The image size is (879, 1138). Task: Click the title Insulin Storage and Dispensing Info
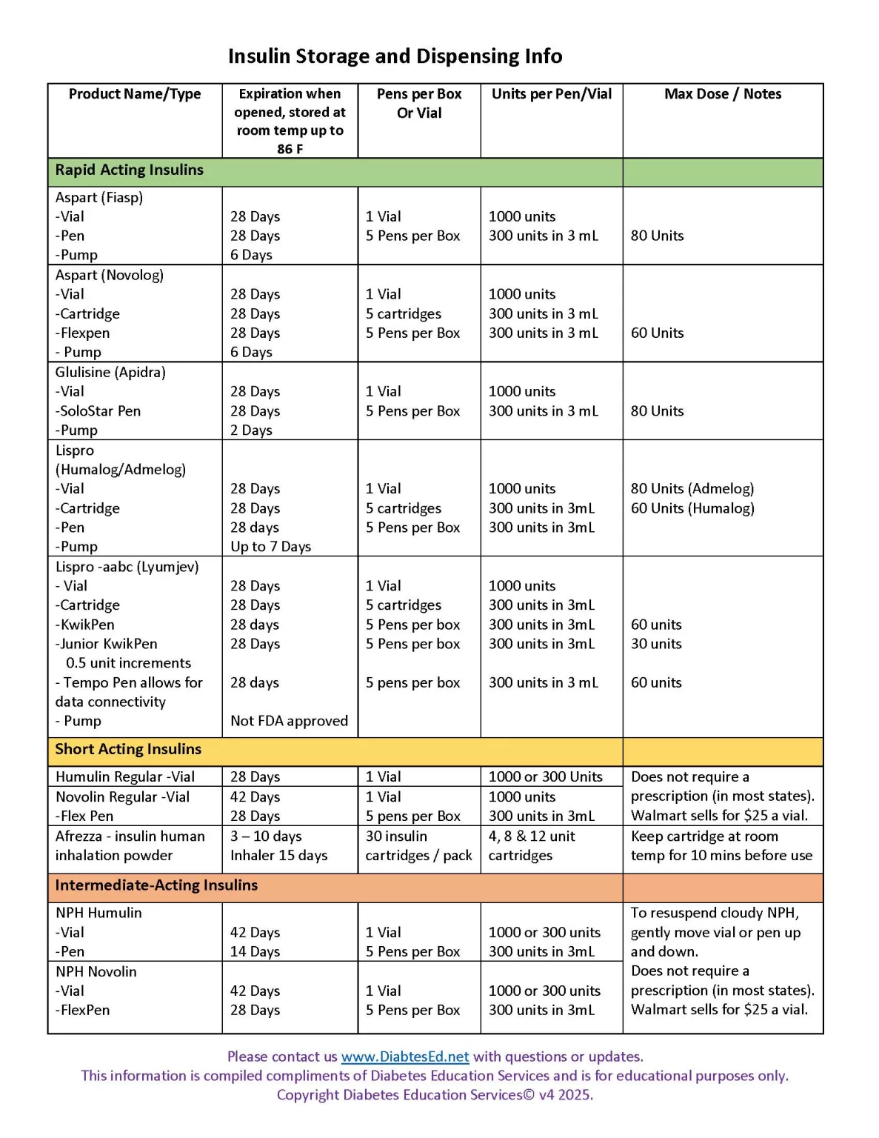tap(395, 56)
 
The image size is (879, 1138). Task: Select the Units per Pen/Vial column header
tap(552, 94)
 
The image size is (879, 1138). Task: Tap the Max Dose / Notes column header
tap(722, 94)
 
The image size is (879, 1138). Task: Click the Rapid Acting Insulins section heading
tap(129, 170)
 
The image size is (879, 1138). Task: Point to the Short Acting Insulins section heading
tap(128, 749)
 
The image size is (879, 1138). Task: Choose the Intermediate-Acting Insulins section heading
tap(156, 885)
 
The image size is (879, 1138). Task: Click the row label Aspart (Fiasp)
tap(99, 197)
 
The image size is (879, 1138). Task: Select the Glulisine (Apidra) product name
tap(110, 372)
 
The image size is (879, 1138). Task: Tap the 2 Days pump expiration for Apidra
tap(251, 430)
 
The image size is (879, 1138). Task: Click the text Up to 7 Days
tap(270, 547)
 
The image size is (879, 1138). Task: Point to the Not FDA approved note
tap(289, 721)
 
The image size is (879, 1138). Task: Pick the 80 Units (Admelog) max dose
tap(692, 489)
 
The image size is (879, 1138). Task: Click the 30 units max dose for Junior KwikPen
tap(656, 644)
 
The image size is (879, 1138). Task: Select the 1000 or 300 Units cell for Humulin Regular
tap(545, 776)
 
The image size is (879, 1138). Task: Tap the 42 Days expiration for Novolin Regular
tap(255, 796)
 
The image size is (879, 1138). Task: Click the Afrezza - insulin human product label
tap(130, 836)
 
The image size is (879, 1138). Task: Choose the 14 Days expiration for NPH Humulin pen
tap(255, 951)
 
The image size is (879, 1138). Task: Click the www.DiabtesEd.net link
tap(405, 1057)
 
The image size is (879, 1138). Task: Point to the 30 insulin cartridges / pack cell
tap(418, 845)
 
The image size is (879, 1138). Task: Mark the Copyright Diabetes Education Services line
tap(435, 1095)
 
